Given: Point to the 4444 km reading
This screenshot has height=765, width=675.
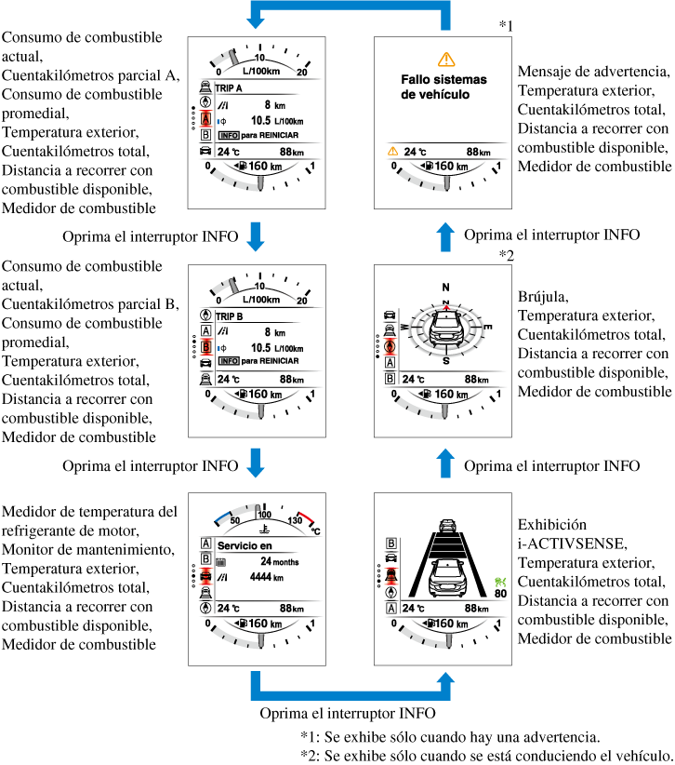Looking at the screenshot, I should coord(271,577).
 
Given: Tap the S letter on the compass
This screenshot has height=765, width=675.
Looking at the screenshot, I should coord(446,361).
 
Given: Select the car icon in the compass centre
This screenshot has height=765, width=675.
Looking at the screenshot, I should coord(446,330).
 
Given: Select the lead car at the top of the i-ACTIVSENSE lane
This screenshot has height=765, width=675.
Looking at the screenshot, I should coord(447,527).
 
